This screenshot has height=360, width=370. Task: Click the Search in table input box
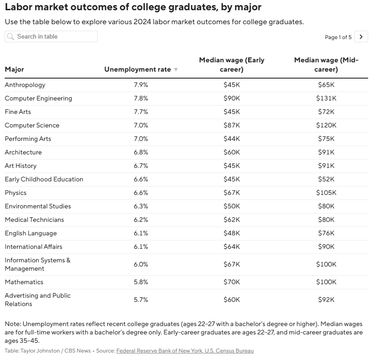point(51,37)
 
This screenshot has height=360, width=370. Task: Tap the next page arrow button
point(361,37)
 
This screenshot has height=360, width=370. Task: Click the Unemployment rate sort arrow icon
point(176,70)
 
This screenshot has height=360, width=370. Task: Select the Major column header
point(14,69)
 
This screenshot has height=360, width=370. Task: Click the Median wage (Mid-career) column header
point(326,65)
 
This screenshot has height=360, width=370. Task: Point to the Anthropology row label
point(25,85)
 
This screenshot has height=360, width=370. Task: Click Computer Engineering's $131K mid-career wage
point(326,98)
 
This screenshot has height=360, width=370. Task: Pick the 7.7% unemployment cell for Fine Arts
point(141,112)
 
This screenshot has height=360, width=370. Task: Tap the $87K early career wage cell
point(232,125)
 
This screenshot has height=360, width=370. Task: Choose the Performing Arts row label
point(28,139)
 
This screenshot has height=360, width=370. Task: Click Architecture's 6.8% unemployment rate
point(141,152)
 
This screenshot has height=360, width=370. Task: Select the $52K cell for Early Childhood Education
point(326,179)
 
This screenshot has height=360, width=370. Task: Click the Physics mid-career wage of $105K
point(326,193)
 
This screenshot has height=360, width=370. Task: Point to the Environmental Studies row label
point(38,207)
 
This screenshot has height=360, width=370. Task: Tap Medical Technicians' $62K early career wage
point(232,220)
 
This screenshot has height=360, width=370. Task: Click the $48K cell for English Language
point(232,233)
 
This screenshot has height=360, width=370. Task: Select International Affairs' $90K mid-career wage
point(326,247)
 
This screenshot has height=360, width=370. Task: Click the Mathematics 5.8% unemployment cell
point(141,282)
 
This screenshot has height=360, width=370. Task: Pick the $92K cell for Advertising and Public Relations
point(326,300)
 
